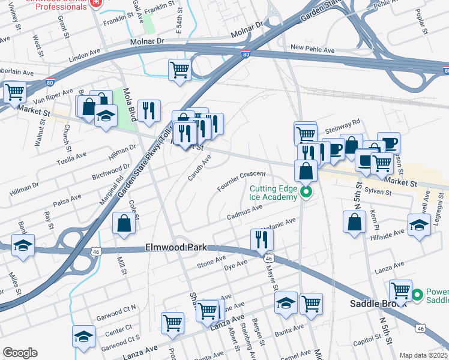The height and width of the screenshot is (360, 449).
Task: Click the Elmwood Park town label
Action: pos(176,247)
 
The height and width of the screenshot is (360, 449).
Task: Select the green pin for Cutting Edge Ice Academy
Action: pos(306,193)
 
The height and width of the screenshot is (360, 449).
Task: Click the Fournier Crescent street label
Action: pos(241,181)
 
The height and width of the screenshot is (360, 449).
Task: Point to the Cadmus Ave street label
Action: pos(245,212)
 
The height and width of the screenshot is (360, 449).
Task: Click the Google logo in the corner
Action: pos(20,353)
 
